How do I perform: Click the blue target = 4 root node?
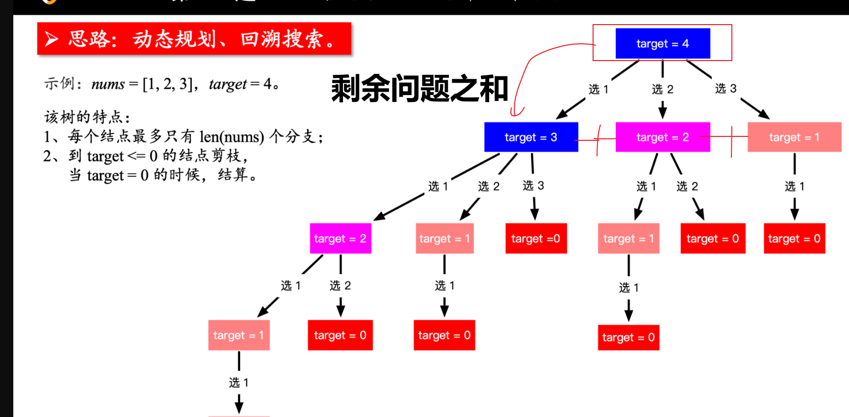pyautogui.click(x=662, y=43)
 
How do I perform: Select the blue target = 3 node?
pyautogui.click(x=531, y=137)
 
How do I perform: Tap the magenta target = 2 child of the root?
pyautogui.click(x=662, y=137)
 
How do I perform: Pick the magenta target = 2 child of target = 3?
pyautogui.click(x=340, y=238)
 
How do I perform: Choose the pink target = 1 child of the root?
pyautogui.click(x=794, y=137)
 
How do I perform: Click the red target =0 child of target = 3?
pyautogui.click(x=535, y=238)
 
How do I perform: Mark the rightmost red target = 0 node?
pyautogui.click(x=794, y=238)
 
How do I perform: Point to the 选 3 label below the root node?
pyautogui.click(x=725, y=88)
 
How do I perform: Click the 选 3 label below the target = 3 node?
pyautogui.click(x=533, y=185)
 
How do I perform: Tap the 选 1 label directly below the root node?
pyautogui.click(x=598, y=89)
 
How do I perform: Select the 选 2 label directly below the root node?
pyautogui.click(x=662, y=89)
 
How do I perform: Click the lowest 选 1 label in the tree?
pyautogui.click(x=239, y=383)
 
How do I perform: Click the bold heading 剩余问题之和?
pyautogui.click(x=419, y=89)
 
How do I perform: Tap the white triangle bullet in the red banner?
pyautogui.click(x=52, y=38)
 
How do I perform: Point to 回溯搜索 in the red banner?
pyautogui.click(x=281, y=39)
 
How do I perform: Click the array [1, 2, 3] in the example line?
pyautogui.click(x=167, y=84)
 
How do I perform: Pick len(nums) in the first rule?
pyautogui.click(x=232, y=136)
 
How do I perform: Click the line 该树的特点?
pyautogui.click(x=87, y=117)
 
